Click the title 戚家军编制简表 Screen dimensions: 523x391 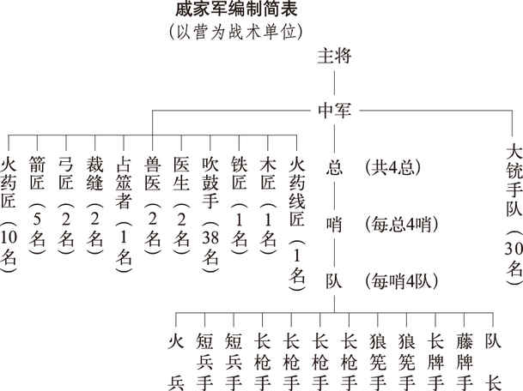coord(236,9)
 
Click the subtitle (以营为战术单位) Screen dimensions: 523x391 coord(236,32)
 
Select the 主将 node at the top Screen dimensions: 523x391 coord(334,56)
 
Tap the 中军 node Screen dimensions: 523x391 coord(334,110)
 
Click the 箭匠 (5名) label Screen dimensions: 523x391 coord(37,206)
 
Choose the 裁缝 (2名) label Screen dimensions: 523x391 coord(95,206)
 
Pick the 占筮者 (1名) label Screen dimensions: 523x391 coord(124,215)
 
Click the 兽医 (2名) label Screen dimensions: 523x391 coord(152,206)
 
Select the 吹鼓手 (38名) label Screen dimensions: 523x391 coord(210,215)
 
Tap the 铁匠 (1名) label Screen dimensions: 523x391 coord(239,206)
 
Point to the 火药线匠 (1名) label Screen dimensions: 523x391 coord(297,224)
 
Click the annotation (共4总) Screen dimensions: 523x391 coord(392,167)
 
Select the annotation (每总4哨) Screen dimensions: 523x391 coord(402,225)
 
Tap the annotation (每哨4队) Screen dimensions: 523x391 coord(402,281)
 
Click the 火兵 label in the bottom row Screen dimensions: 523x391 coord(176,362)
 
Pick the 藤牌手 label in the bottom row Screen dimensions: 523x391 coord(465,362)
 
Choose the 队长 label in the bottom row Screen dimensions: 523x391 coord(493,362)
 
